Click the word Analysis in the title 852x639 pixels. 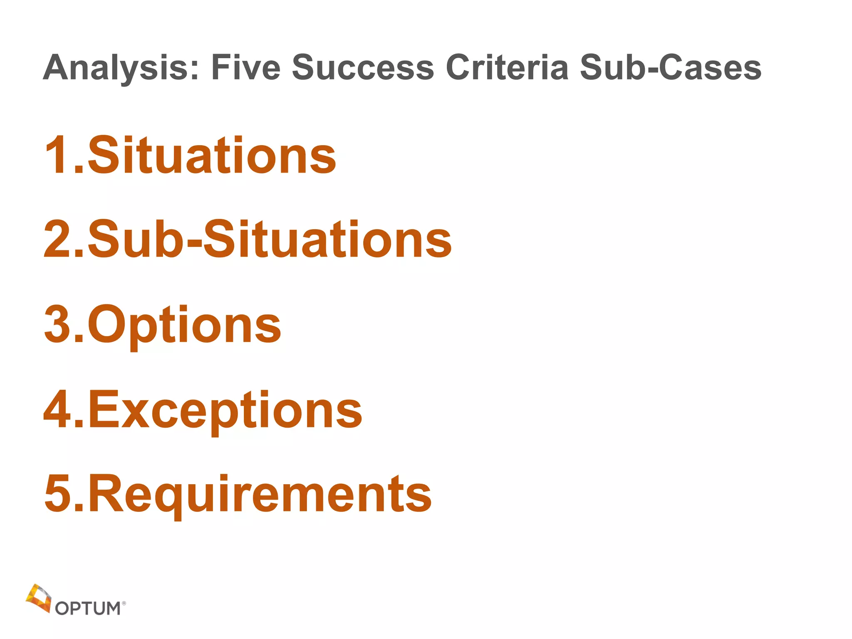click(x=121, y=68)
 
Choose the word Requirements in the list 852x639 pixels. click(x=260, y=494)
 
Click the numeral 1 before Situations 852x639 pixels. click(x=56, y=155)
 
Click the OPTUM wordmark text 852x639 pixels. click(x=88, y=608)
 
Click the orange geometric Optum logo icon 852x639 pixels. click(x=38, y=598)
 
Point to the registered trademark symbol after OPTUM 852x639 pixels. click(x=124, y=602)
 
